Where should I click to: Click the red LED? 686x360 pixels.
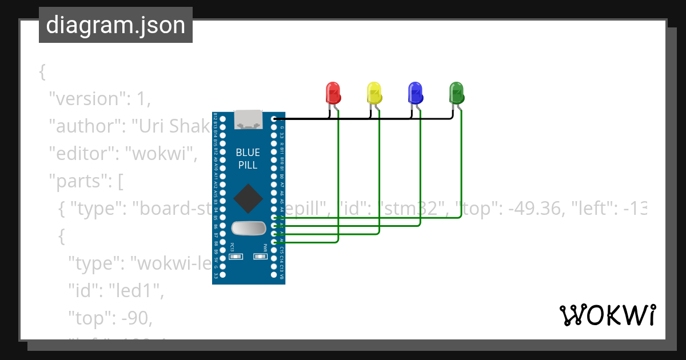[333, 93]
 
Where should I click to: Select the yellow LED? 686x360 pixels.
[374, 93]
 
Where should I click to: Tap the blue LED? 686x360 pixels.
[415, 93]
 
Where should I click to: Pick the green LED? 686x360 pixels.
[456, 93]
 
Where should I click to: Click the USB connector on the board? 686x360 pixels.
[249, 118]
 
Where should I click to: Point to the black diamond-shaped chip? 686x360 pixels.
[249, 198]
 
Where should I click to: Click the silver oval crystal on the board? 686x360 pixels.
[249, 228]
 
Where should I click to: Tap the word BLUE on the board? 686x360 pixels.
[248, 153]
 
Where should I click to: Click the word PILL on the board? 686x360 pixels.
[248, 165]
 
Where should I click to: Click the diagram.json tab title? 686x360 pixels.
[115, 26]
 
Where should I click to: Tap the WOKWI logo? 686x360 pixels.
[607, 315]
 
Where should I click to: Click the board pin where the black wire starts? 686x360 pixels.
[275, 119]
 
